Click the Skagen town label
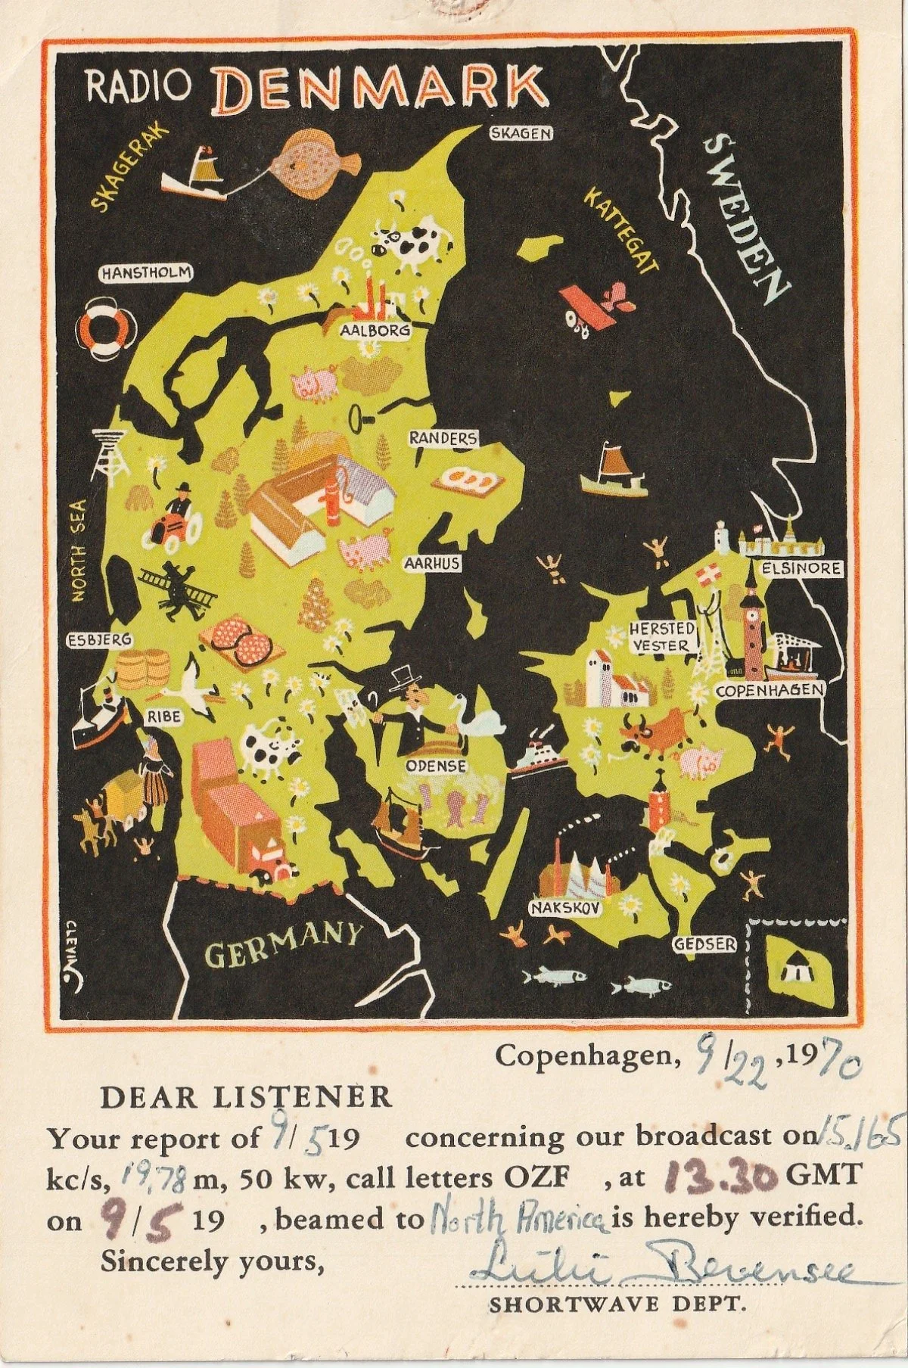(x=521, y=134)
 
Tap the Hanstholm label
(x=146, y=274)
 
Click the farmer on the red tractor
(x=173, y=515)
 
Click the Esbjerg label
(x=100, y=640)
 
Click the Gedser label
(x=704, y=944)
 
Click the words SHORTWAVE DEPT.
(x=617, y=1304)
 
